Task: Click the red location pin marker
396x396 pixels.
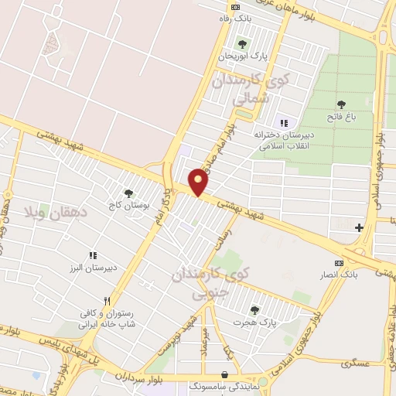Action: point(199,181)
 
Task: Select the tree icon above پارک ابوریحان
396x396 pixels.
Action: point(242,43)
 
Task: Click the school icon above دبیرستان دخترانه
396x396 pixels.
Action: point(283,122)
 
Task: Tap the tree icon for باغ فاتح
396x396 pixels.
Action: point(341,104)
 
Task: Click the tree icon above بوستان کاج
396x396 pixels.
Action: point(128,193)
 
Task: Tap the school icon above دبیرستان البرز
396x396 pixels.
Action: point(93,255)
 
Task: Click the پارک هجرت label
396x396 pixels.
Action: point(258,320)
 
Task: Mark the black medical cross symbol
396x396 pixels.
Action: point(359,227)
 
